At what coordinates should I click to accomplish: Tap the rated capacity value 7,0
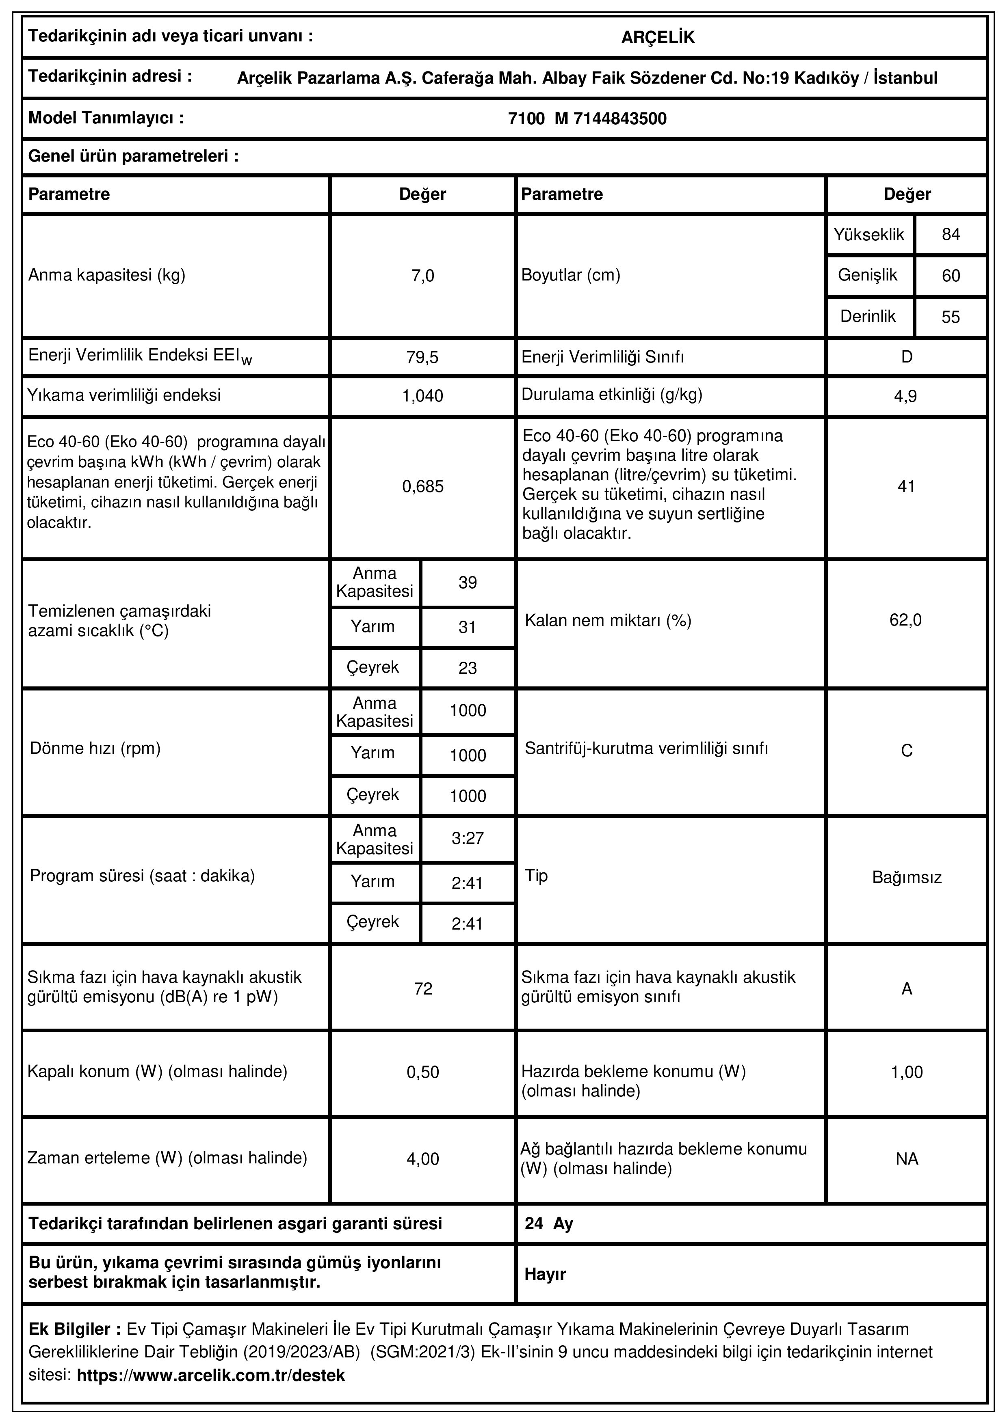pyautogui.click(x=422, y=276)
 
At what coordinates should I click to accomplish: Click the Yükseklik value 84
pyautogui.click(x=951, y=235)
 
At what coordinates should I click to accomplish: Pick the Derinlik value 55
pyautogui.click(x=951, y=317)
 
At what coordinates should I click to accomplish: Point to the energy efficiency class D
pyautogui.click(x=907, y=357)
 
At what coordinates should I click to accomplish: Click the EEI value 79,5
pyautogui.click(x=422, y=358)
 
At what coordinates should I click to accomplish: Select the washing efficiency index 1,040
pyautogui.click(x=422, y=396)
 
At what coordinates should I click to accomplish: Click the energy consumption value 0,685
pyautogui.click(x=422, y=487)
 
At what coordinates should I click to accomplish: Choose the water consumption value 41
pyautogui.click(x=907, y=487)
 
